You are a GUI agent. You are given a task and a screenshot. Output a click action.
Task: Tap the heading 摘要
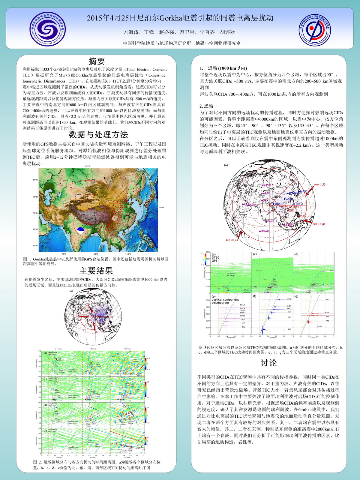pyautogui.click(x=97, y=61)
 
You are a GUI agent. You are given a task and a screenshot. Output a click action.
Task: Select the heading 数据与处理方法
pyautogui.click(x=98, y=134)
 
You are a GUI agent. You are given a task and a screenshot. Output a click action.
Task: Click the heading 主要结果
pyautogui.click(x=96, y=271)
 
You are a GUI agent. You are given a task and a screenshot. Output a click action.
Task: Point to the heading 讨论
pyautogui.click(x=268, y=363)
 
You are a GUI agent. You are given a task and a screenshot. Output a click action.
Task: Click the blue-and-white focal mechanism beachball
pyautogui.click(x=80, y=230)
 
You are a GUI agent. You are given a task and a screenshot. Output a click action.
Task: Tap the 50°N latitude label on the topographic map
pyautogui.click(x=35, y=180)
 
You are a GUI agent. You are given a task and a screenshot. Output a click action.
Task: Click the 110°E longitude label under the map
pyautogui.click(x=128, y=254)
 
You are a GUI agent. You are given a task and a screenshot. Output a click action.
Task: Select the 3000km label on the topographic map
pyautogui.click(x=91, y=180)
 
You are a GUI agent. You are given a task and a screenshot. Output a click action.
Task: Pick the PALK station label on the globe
pyautogui.click(x=270, y=221)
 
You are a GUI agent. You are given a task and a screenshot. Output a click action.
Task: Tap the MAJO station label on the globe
pyautogui.click(x=304, y=191)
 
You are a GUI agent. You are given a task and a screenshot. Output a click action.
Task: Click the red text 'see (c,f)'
pyautogui.click(x=319, y=184)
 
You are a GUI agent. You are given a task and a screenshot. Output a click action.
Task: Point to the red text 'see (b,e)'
pyautogui.click(x=232, y=240)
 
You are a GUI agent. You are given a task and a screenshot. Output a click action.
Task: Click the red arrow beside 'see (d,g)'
pyautogui.click(x=307, y=221)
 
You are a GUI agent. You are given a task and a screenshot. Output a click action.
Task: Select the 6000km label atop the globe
pyautogui.click(x=275, y=167)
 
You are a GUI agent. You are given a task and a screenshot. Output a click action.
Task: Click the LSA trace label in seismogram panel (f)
pyautogui.click(x=289, y=329)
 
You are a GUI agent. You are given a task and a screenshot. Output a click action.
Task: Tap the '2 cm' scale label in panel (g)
pyautogui.click(x=320, y=326)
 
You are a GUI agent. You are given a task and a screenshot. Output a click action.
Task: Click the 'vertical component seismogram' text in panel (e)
pyautogui.click(x=225, y=301)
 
